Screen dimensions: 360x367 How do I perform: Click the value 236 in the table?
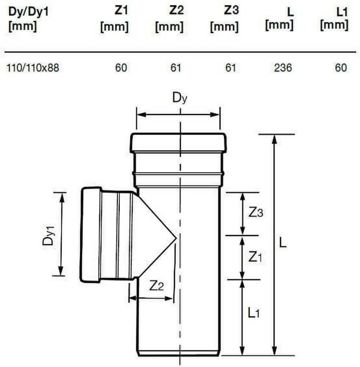point(283,68)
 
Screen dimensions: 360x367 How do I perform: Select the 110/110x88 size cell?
point(33,68)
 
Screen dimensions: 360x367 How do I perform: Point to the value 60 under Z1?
point(121,68)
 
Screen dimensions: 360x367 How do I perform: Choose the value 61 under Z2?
point(176,68)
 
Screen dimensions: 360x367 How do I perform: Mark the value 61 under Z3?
point(231,68)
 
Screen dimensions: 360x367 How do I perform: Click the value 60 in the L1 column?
point(341,68)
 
